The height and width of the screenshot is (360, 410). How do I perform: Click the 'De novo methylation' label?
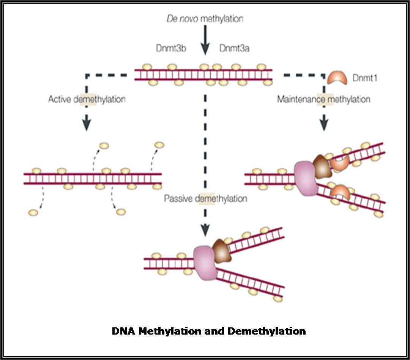(x=205, y=19)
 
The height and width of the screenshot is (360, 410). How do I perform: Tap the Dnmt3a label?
(x=235, y=49)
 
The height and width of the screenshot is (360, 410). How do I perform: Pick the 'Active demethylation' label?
(x=87, y=100)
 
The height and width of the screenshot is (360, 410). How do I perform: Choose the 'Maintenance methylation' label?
(x=323, y=100)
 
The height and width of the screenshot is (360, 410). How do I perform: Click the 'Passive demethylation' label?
(x=205, y=198)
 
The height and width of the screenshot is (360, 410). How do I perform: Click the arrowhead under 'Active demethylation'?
(x=87, y=126)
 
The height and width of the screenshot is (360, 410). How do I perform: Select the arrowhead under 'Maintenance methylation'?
(x=324, y=126)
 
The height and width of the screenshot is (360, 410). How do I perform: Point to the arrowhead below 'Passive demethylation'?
(x=205, y=229)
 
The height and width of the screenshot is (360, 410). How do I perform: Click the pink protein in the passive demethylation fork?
(x=205, y=262)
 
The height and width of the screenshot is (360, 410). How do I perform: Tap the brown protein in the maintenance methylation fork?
(x=322, y=166)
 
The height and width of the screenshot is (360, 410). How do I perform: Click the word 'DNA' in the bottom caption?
(x=123, y=331)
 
